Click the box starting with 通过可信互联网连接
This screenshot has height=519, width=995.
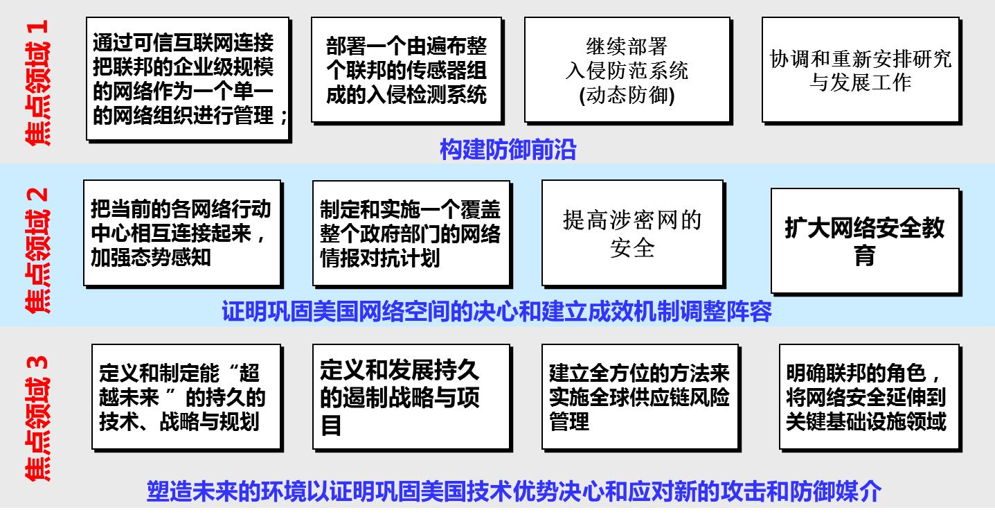[188, 79]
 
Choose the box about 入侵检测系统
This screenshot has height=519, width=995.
[406, 70]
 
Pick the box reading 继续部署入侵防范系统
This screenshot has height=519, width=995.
[627, 70]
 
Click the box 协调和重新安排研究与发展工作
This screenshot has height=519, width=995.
[861, 70]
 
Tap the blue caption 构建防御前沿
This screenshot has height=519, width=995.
[508, 149]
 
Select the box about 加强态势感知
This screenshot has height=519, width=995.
[183, 234]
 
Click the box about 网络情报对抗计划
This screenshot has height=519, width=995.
[411, 234]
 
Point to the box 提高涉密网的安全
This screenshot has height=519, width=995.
[633, 234]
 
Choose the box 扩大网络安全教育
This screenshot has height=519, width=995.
[866, 241]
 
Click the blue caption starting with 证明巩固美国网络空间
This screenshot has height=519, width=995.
[496, 311]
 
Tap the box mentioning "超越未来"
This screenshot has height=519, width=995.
[186, 397]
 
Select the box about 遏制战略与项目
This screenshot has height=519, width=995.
[411, 397]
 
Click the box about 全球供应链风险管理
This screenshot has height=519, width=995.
[640, 397]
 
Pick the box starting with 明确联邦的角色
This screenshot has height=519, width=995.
[870, 397]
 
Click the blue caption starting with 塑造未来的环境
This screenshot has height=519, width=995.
[514, 491]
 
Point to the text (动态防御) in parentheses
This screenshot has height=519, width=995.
[627, 95]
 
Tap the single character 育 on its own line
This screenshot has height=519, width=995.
[864, 255]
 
